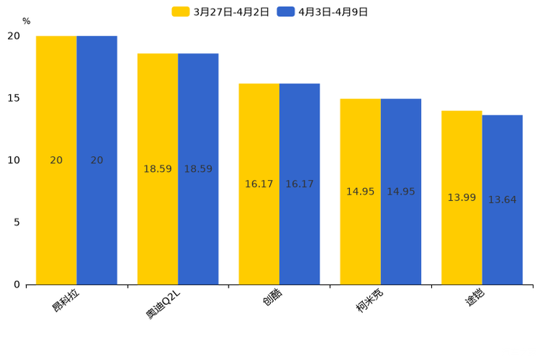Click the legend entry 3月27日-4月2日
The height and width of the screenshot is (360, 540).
pyautogui.click(x=221, y=12)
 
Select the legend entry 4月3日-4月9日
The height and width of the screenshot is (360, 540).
pyautogui.click(x=323, y=12)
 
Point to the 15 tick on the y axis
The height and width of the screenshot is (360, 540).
pyautogui.click(x=14, y=98)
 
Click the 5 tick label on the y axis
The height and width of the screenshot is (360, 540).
pyautogui.click(x=17, y=222)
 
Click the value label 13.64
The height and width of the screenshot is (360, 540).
pyautogui.click(x=502, y=200)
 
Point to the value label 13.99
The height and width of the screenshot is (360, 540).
pyautogui.click(x=462, y=197)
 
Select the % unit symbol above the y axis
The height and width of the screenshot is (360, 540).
pyautogui.click(x=26, y=22)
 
